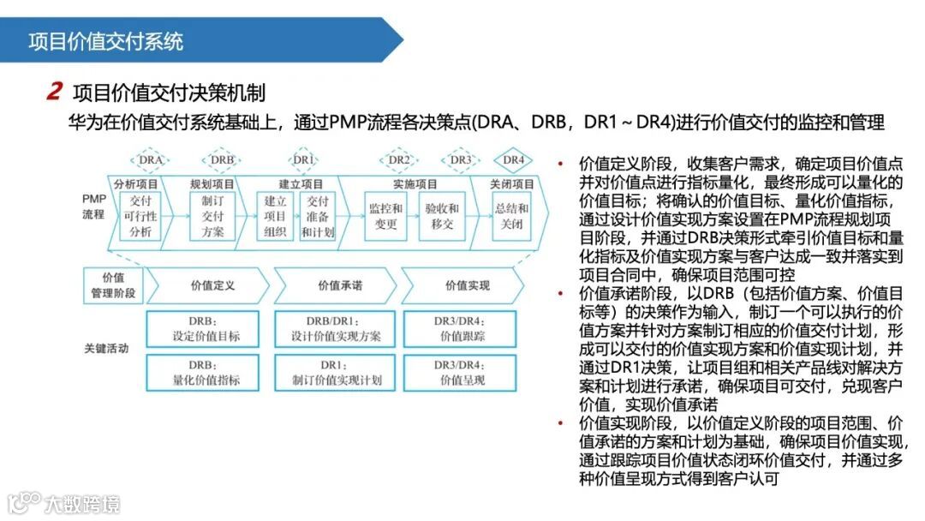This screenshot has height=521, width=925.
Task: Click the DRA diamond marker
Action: click(x=151, y=159)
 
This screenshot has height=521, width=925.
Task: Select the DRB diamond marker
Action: click(x=223, y=159)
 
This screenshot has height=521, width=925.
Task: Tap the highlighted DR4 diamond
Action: click(x=512, y=159)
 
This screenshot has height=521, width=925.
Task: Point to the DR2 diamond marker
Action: click(x=399, y=159)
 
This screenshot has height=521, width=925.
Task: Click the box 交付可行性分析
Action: click(x=140, y=216)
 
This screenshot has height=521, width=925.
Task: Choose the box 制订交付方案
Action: click(x=212, y=216)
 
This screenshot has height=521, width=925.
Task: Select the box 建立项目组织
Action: click(x=276, y=216)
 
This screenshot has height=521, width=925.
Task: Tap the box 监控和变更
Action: click(x=385, y=216)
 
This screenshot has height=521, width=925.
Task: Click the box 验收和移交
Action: click(x=442, y=216)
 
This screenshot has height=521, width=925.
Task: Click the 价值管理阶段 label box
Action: click(x=113, y=284)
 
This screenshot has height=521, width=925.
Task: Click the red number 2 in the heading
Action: click(x=55, y=91)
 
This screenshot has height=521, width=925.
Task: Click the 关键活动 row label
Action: click(x=105, y=349)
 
